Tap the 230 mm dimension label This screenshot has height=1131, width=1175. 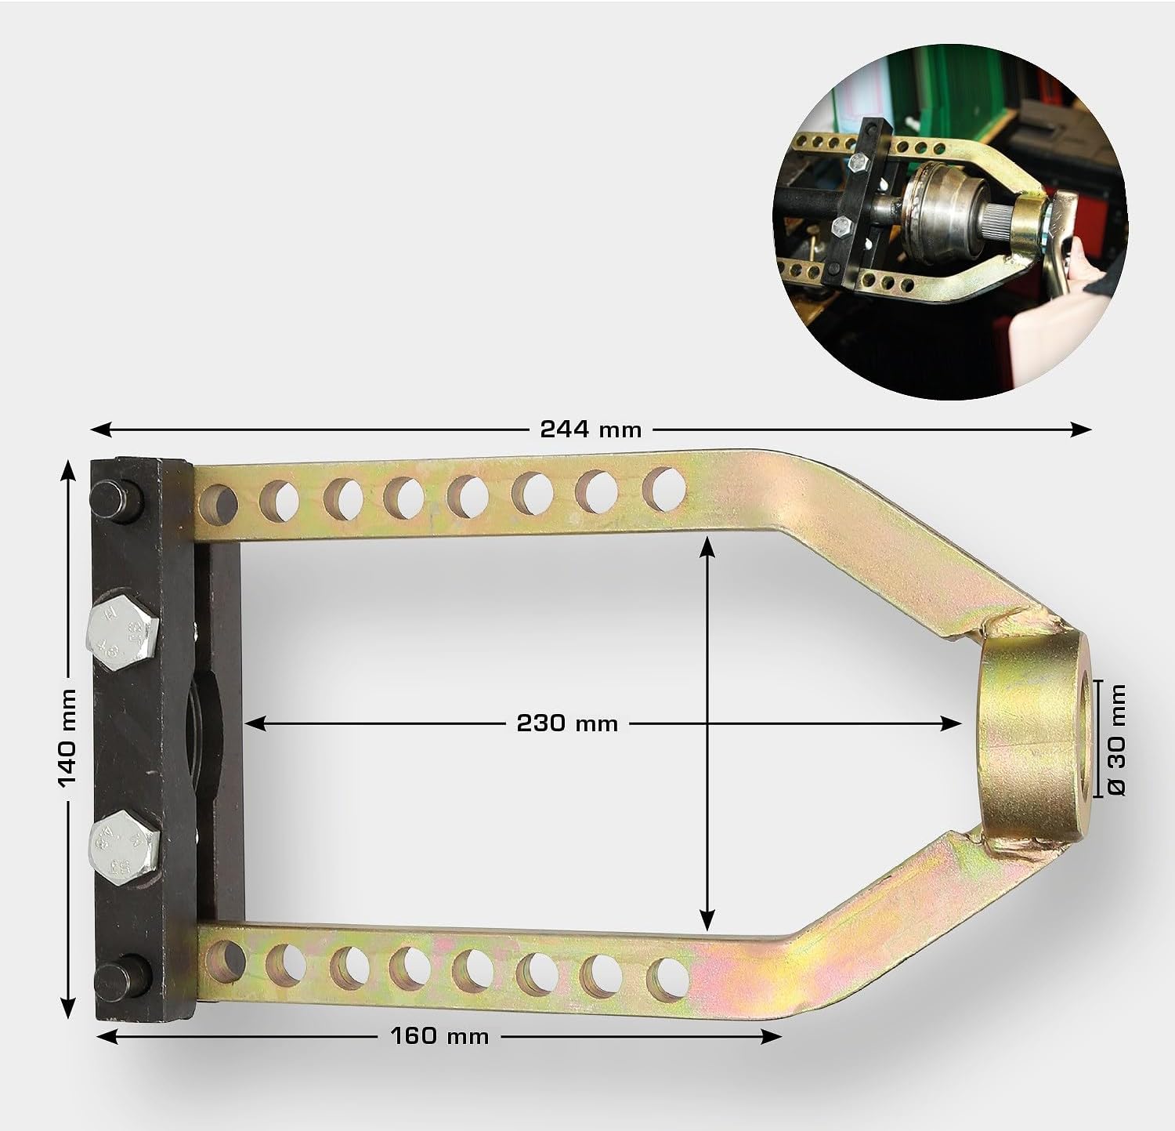pos(567,723)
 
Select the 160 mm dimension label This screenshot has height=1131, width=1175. pos(439,1036)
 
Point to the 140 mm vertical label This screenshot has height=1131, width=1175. pos(68,738)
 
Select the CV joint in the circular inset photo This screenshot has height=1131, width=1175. pos(944,212)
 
